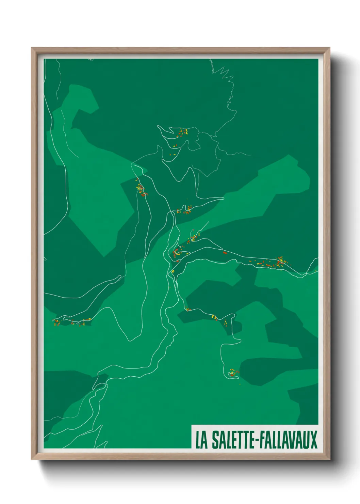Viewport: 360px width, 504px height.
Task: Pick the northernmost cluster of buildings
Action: coord(182,132)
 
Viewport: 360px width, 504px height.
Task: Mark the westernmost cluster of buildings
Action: coord(56,322)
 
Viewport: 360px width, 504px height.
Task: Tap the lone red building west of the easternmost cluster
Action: coord(225,253)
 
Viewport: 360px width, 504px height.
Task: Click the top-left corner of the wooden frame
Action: coord(32,48)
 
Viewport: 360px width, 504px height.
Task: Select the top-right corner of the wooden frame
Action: coord(329,48)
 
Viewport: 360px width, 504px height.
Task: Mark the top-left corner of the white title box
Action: coord(192,425)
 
